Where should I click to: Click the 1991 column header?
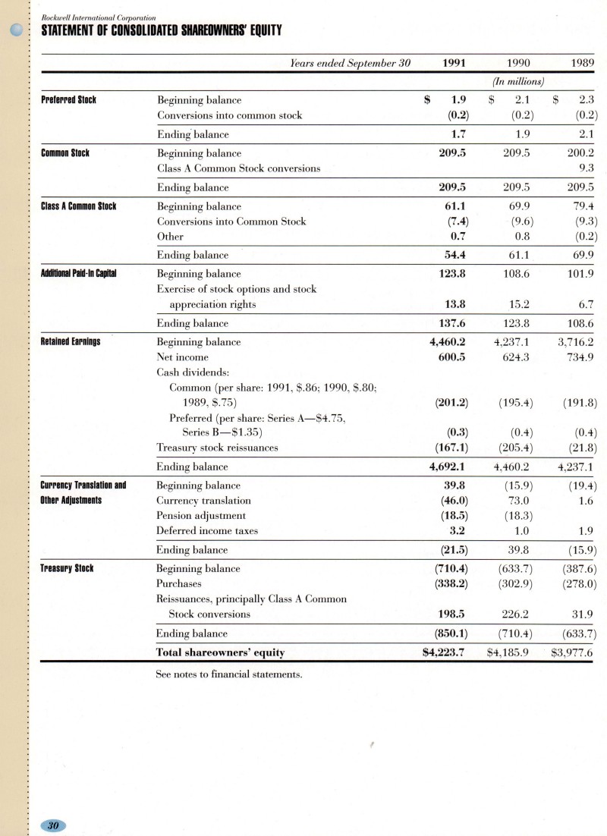tap(454, 63)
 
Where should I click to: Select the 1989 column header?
tap(582, 63)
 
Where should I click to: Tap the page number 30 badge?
tap(54, 825)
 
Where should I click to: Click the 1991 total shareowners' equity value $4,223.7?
tap(446, 652)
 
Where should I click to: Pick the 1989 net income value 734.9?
tap(581, 357)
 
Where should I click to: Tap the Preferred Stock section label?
tap(68, 100)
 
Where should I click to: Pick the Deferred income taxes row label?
tap(207, 531)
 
